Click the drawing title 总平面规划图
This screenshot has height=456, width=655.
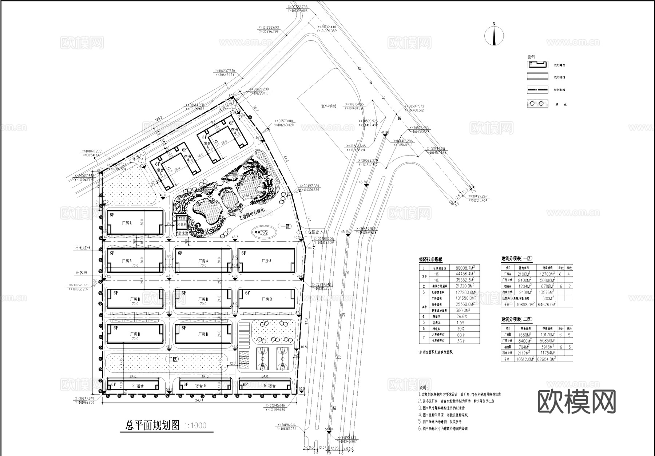click(x=152, y=425)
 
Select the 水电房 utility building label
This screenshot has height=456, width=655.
click(x=181, y=225)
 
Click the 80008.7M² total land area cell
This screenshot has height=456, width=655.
click(x=465, y=268)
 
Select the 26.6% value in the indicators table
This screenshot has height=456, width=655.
click(x=461, y=316)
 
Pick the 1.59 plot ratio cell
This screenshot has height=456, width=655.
click(x=460, y=323)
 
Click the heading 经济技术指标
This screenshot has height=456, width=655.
click(x=430, y=259)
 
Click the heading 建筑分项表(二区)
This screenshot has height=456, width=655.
click(x=517, y=319)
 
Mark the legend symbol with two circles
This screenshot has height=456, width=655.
click(x=537, y=104)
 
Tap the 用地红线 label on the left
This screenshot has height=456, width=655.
click(x=83, y=248)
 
